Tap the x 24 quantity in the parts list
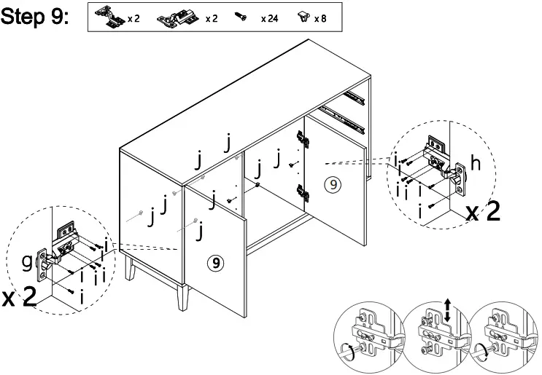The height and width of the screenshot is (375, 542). tap(269, 19)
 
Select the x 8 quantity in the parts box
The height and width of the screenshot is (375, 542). tap(320, 19)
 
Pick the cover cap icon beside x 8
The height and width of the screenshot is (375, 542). tap(303, 17)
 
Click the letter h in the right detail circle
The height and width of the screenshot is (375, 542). tap(475, 165)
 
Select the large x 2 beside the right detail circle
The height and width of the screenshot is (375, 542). tap(483, 212)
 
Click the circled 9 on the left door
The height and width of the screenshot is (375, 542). tap(216, 262)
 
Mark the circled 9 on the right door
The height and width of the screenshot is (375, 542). tap(333, 185)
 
